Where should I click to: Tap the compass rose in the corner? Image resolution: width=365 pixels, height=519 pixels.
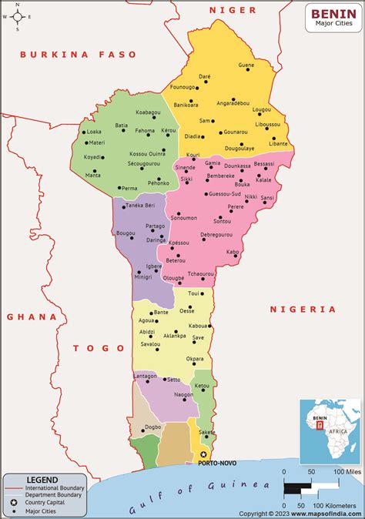tap(18, 16)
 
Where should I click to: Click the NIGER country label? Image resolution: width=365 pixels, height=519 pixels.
tap(232, 9)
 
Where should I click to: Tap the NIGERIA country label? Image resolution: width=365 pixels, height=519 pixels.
tap(303, 309)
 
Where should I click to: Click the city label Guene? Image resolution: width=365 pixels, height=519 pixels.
tap(246, 65)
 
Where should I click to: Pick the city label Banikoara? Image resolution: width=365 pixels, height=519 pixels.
tap(186, 104)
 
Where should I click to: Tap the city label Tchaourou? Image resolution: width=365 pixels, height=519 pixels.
tap(200, 274)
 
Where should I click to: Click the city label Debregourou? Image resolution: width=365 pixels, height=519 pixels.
tap(216, 234)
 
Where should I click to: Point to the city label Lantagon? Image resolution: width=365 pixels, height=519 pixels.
tap(145, 375)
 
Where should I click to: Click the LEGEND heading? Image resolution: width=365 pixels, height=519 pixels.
tap(42, 480)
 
